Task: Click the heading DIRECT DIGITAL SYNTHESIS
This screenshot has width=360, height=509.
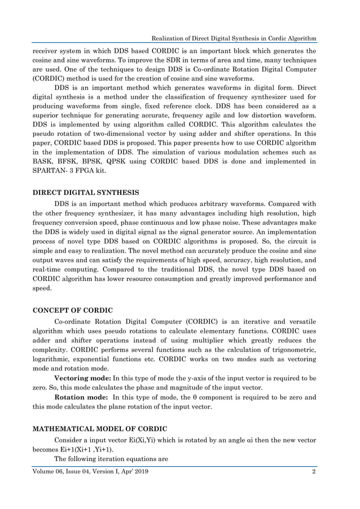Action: tap(86, 193)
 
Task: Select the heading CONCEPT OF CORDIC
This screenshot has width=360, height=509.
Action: tap(73, 310)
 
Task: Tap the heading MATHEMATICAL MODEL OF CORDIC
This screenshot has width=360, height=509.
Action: tap(99, 428)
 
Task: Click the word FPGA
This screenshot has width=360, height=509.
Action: tap(98, 173)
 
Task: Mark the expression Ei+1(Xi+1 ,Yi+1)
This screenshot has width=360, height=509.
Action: tap(87, 449)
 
